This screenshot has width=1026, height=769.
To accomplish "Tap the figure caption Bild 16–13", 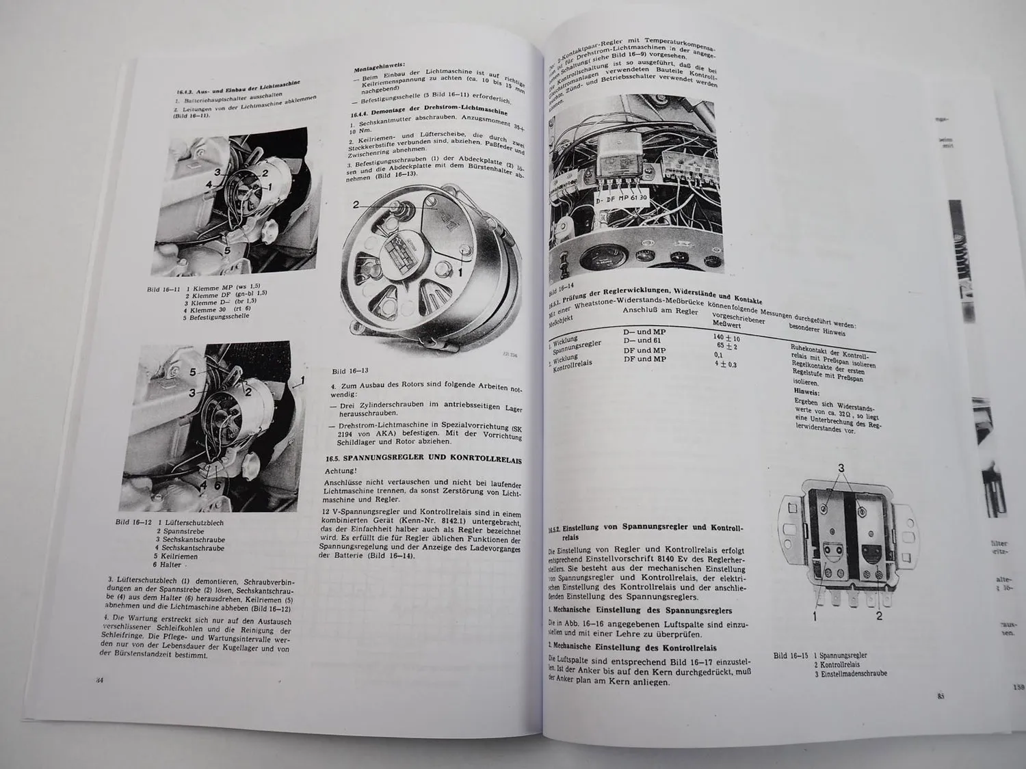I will click(x=350, y=371).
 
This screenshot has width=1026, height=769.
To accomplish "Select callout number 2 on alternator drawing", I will click(x=356, y=204).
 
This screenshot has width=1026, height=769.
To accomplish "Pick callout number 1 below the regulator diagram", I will click(x=815, y=616).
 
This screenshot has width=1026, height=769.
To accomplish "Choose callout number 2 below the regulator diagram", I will click(x=879, y=616).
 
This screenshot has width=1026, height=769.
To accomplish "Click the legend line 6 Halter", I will click(x=168, y=565).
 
